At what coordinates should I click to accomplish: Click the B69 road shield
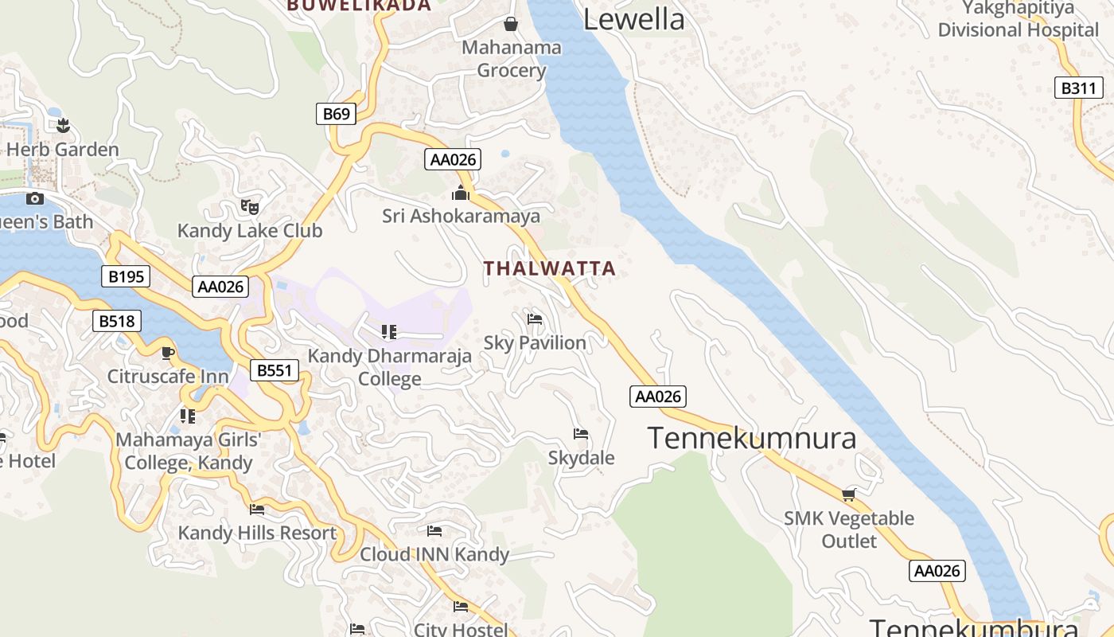(337, 114)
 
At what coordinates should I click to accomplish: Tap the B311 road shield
(1078, 88)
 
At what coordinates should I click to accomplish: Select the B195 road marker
(126, 276)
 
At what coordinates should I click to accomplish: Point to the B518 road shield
(117, 321)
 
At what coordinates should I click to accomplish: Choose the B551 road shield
(275, 370)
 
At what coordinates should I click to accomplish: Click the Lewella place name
(633, 19)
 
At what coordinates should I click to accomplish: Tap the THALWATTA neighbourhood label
(550, 268)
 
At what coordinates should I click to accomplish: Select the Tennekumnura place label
(751, 438)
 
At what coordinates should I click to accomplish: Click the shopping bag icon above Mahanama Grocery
(511, 24)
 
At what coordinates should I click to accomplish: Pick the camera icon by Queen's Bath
(35, 198)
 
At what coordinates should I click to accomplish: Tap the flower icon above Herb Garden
(64, 125)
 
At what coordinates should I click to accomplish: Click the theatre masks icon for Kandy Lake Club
(250, 207)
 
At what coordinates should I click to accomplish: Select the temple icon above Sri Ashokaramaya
(461, 193)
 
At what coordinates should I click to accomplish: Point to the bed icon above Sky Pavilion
(535, 319)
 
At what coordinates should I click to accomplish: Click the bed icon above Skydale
(581, 434)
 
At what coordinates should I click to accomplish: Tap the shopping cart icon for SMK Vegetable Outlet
(849, 495)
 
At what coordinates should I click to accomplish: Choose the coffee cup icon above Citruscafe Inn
(168, 352)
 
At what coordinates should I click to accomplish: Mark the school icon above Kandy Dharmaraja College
(389, 331)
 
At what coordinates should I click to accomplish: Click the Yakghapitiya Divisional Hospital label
(1018, 19)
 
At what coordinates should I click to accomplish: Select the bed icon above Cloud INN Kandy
(434, 530)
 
